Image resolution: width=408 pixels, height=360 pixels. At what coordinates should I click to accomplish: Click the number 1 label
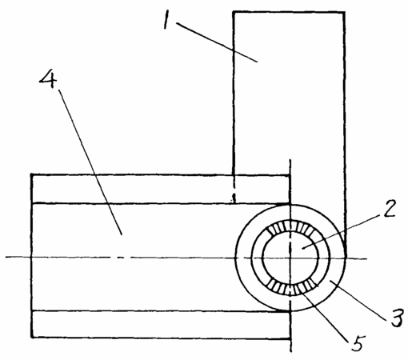[x=167, y=20]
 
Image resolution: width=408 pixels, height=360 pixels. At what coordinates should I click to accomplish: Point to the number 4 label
[x=48, y=79]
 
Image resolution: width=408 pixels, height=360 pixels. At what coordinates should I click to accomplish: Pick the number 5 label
[x=357, y=343]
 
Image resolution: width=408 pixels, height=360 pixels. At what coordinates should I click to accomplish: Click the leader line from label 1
[x=217, y=42]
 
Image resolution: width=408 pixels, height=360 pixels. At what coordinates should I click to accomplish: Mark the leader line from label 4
[x=90, y=162]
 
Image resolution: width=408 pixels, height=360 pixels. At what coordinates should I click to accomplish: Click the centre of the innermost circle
[x=290, y=258]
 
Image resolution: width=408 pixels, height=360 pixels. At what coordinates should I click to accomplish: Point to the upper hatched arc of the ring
[x=290, y=226]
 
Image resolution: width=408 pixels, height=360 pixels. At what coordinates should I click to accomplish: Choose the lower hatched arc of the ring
[x=290, y=289]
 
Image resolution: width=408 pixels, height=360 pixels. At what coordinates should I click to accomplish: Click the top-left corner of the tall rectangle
[x=234, y=12]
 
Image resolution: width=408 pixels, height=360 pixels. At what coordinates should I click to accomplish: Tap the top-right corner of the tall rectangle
[x=344, y=12]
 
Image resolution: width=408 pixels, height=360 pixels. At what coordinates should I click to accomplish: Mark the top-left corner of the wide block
[x=32, y=174]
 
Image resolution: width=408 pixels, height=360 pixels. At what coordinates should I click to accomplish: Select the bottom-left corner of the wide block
[x=32, y=338]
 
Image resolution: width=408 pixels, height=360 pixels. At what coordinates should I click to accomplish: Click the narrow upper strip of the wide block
[x=161, y=189]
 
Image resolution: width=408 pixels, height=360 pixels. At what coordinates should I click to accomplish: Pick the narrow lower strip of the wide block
[x=161, y=325]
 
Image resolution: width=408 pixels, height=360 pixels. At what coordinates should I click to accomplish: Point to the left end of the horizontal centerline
[x=6, y=257]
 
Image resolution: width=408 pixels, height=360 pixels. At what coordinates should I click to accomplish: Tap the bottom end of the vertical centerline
[x=290, y=352]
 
